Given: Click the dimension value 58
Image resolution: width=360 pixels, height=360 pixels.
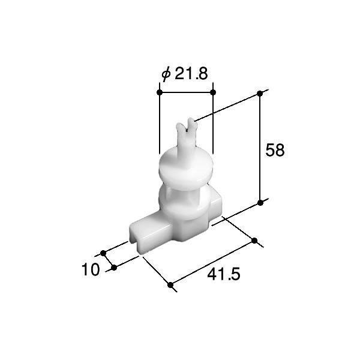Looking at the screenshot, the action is pyautogui.click(x=275, y=150).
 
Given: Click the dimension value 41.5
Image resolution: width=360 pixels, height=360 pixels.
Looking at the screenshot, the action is pyautogui.click(x=224, y=274).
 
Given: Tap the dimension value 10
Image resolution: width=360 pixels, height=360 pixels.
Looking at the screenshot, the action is pyautogui.click(x=91, y=269).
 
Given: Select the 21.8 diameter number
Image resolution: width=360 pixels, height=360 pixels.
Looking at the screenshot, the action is pyautogui.click(x=191, y=73).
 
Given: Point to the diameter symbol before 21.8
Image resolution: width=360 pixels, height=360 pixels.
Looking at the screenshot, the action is pyautogui.click(x=166, y=74).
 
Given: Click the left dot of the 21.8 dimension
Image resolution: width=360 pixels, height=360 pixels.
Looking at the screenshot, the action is pyautogui.click(x=160, y=92).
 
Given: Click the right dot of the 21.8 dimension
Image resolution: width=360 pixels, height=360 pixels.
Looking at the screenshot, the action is pyautogui.click(x=213, y=92).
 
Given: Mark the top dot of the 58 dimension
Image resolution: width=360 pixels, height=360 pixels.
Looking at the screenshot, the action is pyautogui.click(x=260, y=94).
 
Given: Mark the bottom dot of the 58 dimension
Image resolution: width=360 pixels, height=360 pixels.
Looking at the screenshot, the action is pyautogui.click(x=260, y=203).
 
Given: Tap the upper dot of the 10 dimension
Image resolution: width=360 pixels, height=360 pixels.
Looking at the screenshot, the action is pyautogui.click(x=103, y=253).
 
